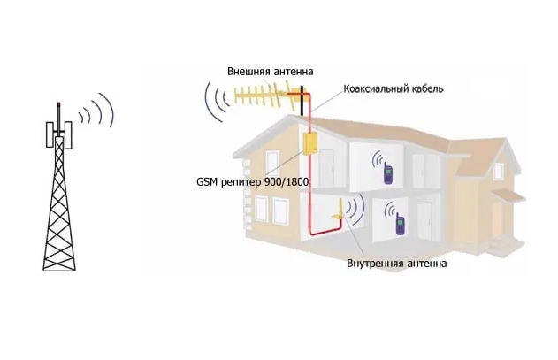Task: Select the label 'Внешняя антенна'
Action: (270, 71)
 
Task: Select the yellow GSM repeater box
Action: (311, 144)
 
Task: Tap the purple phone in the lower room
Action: (400, 226)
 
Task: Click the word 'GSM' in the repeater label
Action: (208, 180)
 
